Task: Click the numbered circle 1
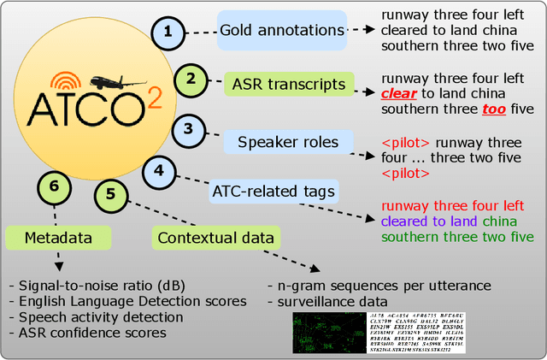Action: point(168,33)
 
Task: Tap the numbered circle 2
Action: point(191,80)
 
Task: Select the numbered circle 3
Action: point(189,131)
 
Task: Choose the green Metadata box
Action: point(48,237)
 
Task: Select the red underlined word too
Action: point(494,109)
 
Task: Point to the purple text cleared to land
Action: point(430,221)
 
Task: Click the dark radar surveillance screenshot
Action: point(320,333)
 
